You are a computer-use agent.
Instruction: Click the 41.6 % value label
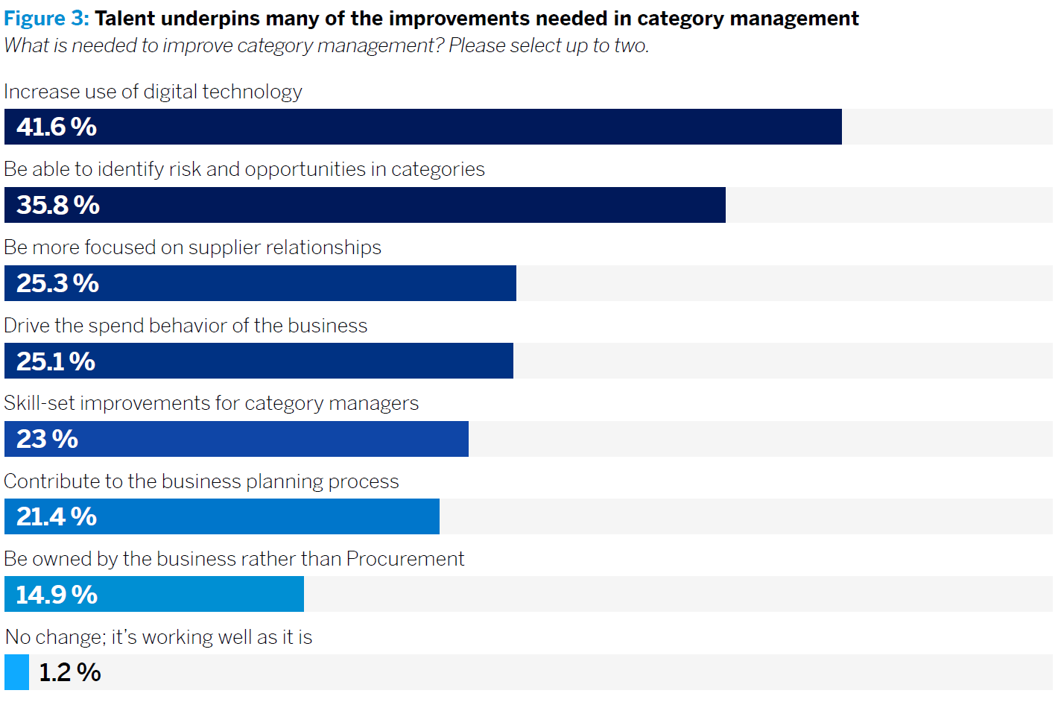(57, 127)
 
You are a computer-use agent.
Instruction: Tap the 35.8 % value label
(58, 205)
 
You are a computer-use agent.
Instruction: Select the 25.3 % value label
(57, 283)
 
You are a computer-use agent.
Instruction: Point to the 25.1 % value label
(56, 361)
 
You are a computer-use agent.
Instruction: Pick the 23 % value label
(47, 439)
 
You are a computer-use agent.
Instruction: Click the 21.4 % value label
(57, 516)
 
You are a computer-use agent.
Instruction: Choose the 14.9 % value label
(57, 595)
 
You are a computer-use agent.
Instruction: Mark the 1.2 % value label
(70, 672)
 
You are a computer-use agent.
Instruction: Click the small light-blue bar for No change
(16, 672)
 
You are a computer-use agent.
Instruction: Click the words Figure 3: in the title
(46, 19)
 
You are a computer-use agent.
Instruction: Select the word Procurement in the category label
(405, 559)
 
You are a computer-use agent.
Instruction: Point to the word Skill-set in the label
(39, 403)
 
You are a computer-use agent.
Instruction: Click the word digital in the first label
(170, 92)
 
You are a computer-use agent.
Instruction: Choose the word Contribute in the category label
(52, 481)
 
